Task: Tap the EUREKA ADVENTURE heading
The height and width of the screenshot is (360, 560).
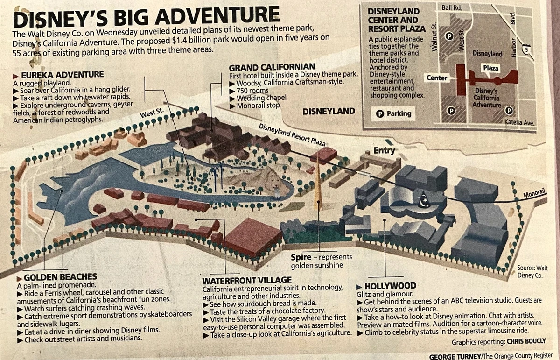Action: click(x=63, y=75)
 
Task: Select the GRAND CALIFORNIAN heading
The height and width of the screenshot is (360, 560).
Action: click(x=272, y=67)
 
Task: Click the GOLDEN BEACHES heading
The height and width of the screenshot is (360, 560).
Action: click(x=60, y=277)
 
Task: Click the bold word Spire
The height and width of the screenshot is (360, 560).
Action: click(x=301, y=257)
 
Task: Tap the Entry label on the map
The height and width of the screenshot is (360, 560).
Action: click(x=384, y=150)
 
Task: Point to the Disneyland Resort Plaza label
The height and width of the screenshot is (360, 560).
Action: click(x=292, y=135)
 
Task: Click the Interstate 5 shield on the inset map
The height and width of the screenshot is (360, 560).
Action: click(x=527, y=49)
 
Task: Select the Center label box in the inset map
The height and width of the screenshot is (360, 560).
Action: click(x=437, y=78)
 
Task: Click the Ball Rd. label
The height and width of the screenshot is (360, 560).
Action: click(x=452, y=8)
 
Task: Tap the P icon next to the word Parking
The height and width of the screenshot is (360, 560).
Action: click(x=379, y=113)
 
